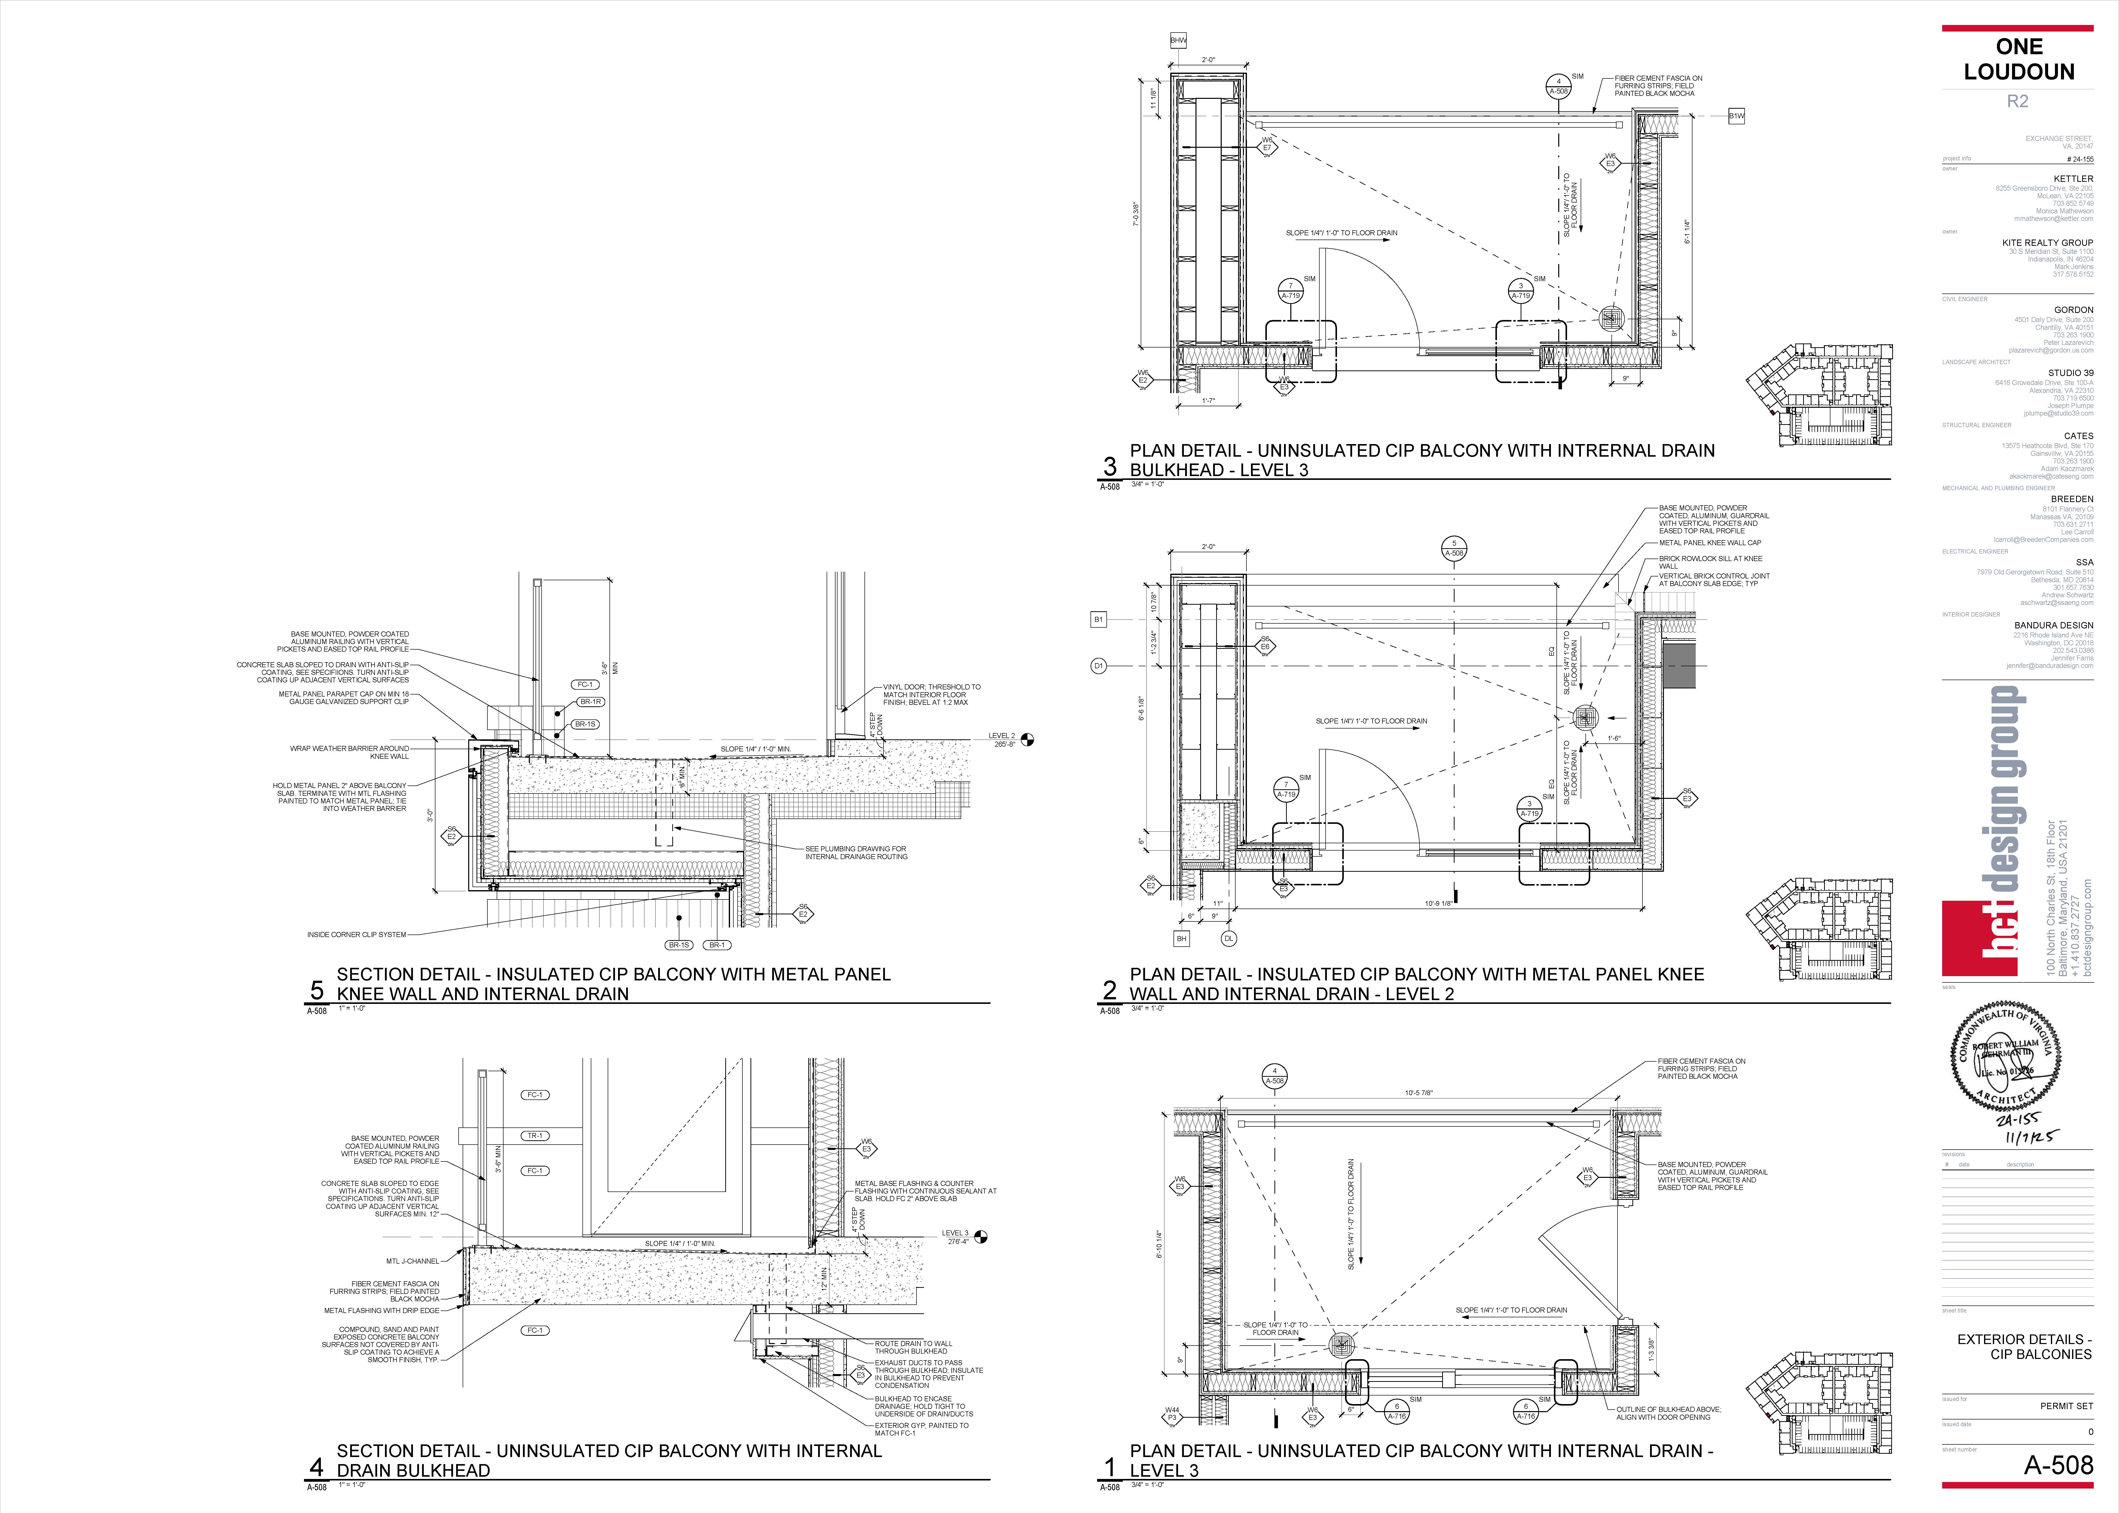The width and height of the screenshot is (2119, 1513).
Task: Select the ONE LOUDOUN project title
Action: (2018, 59)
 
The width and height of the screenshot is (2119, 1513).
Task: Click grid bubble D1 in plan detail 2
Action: (1099, 666)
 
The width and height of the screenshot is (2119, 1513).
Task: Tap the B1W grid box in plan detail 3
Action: (1736, 117)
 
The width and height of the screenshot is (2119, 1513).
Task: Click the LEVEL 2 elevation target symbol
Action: (1028, 740)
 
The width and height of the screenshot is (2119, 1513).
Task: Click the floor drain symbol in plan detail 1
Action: (1341, 1344)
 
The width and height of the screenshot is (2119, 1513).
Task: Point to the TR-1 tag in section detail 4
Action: (535, 1136)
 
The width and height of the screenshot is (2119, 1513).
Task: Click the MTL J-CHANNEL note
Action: (413, 1261)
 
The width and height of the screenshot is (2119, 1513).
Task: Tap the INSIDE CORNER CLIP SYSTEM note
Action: (357, 935)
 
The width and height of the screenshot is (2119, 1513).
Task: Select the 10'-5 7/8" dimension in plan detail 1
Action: (1418, 1093)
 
